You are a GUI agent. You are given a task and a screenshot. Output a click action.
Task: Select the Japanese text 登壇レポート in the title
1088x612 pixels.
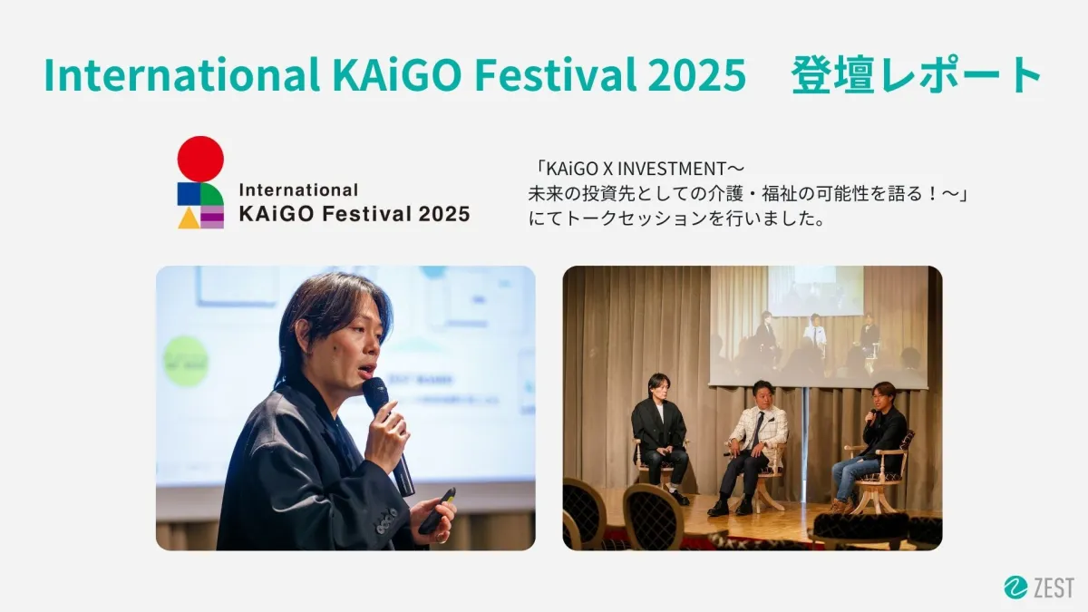[x=916, y=74]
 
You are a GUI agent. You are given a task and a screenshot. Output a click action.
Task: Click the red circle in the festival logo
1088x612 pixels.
[x=200, y=159]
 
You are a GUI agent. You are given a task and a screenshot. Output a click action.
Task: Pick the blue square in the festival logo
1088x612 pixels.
[x=189, y=194]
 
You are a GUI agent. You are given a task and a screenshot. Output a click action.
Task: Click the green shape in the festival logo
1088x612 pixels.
[x=212, y=194]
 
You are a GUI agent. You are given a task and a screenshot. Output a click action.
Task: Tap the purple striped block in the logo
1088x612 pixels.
[x=212, y=218]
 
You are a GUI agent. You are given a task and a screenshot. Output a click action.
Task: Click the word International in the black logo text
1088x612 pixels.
[x=298, y=189]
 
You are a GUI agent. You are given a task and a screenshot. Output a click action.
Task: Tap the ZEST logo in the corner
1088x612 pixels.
[x=1039, y=588]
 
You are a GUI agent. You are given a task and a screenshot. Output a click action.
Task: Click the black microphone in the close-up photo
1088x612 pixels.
[x=388, y=434]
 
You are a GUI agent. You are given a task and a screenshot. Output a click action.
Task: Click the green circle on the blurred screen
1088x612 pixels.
[x=186, y=361]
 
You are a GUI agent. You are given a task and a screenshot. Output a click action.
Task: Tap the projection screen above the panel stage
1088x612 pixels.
[x=819, y=325]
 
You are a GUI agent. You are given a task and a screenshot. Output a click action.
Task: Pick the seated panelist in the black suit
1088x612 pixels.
[x=660, y=438]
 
